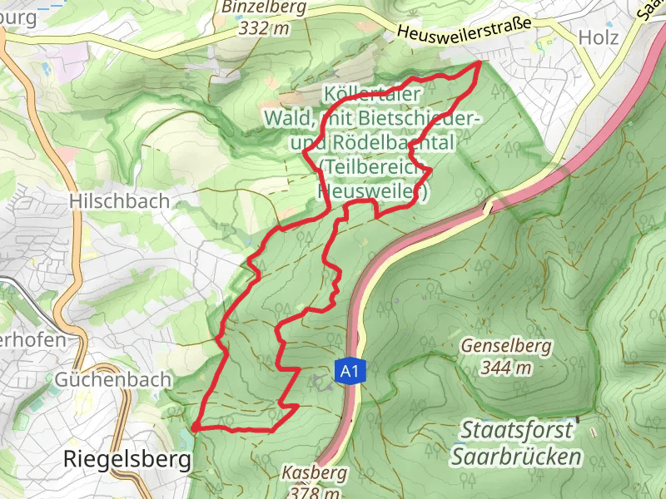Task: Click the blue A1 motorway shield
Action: tap(349, 372)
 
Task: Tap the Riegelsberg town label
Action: tap(127, 459)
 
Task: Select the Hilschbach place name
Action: tap(120, 201)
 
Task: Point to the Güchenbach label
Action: tap(113, 379)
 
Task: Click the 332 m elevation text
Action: tap(263, 28)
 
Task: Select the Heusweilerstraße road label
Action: tap(464, 32)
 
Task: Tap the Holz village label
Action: tap(599, 38)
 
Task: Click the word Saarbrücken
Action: tap(515, 457)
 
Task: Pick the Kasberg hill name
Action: tap(314, 472)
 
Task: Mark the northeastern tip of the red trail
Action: tap(480, 62)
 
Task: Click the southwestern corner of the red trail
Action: tap(193, 427)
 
